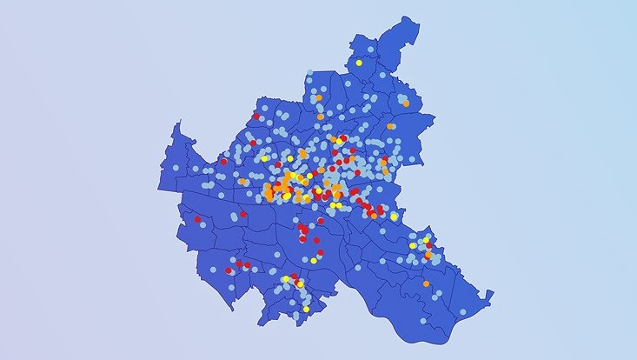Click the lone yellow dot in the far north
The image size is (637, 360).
pos(359,63)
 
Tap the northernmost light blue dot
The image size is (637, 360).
pos(371,50)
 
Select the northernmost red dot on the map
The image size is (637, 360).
pos(256,117)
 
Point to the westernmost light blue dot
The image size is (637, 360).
pos(176,168)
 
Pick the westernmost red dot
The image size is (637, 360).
pos(197,219)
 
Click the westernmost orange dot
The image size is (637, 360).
pos(242,182)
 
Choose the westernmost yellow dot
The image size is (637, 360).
pos(264,158)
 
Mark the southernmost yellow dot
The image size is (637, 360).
pos(306,309)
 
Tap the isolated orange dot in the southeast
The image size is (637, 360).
pos(426,283)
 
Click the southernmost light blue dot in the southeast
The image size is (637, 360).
pos(462,311)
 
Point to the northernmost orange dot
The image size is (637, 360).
pos(320,97)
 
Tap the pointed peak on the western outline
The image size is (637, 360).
pos(177,123)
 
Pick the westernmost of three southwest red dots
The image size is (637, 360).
pos(228,270)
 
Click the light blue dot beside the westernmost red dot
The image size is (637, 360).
pos(203,224)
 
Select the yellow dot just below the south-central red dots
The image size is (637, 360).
pos(313,260)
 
